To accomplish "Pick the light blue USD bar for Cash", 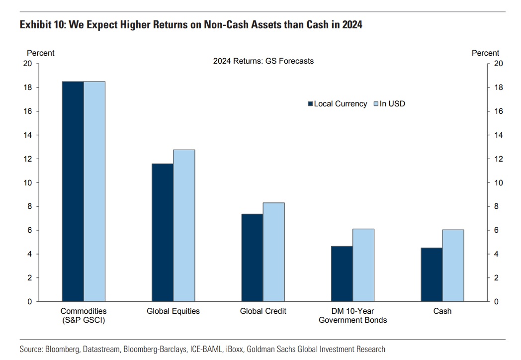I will coord(453,266).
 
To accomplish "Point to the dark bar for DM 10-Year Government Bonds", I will coord(342,273).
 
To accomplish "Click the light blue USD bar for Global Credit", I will coord(273,252).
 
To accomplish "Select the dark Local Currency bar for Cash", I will coord(432,274).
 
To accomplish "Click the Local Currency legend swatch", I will coord(311,104).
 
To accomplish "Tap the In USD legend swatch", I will coord(376,104).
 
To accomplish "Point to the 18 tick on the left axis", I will coord(28,88).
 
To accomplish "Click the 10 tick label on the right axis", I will coord(496,182).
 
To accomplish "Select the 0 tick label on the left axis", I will coord(30,301).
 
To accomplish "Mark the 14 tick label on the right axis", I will coord(496,135).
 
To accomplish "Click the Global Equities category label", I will coord(173,311).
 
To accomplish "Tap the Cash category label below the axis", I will coord(442,311).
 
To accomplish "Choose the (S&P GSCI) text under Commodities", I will coord(84,320).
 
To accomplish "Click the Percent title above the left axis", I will coord(41,53).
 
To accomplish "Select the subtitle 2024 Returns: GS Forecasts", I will coord(263,61).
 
